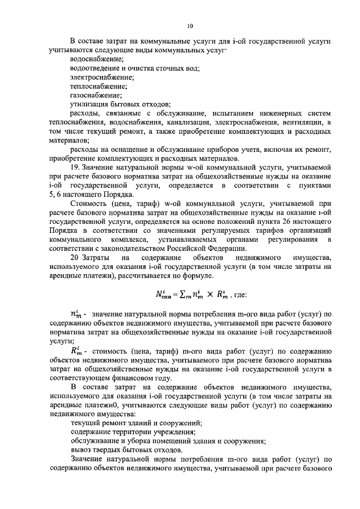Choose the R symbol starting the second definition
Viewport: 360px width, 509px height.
tap(75, 350)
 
